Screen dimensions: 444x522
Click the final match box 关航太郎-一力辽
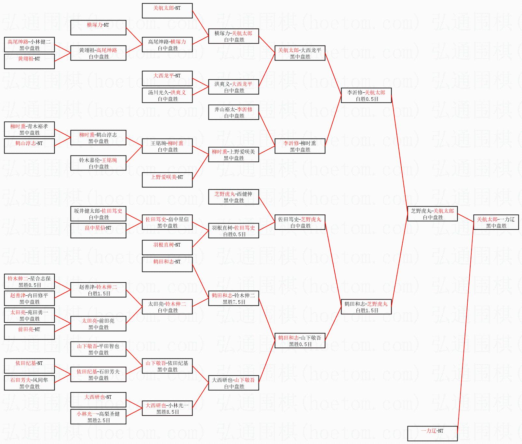(x=496, y=222)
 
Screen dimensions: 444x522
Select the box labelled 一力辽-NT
(x=432, y=434)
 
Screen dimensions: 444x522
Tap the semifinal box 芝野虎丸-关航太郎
(x=432, y=214)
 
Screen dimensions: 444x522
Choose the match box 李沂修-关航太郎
(x=366, y=96)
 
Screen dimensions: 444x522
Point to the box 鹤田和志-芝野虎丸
(x=366, y=307)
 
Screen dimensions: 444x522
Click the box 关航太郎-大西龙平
(x=300, y=53)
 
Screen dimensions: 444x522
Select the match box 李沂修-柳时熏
(x=300, y=146)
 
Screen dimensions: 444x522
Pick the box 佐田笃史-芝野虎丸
(x=300, y=222)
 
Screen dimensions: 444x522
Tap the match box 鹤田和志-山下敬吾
(x=300, y=341)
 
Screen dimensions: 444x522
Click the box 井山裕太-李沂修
(x=234, y=113)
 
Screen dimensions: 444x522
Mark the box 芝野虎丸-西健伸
(x=234, y=197)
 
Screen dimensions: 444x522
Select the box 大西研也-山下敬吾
(x=234, y=383)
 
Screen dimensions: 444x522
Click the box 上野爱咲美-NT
(x=167, y=180)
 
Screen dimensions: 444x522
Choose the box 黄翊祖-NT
(x=29, y=62)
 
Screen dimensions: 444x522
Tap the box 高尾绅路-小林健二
(x=29, y=45)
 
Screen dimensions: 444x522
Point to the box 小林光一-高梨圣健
(x=98, y=417)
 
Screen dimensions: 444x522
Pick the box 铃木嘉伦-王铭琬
(x=98, y=163)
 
